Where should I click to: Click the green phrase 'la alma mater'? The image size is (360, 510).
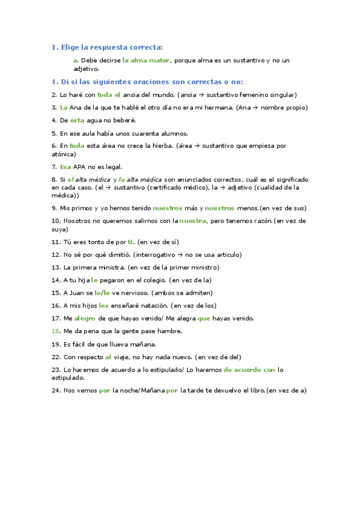pyautogui.click(x=146, y=60)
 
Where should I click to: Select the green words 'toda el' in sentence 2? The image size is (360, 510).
pyautogui.click(x=109, y=94)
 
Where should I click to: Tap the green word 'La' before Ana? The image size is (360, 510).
pyautogui.click(x=64, y=107)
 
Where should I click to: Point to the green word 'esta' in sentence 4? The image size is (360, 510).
pyautogui.click(x=77, y=120)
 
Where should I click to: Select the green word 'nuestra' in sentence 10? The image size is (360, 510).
pyautogui.click(x=193, y=221)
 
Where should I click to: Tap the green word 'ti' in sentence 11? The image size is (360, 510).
pyautogui.click(x=130, y=242)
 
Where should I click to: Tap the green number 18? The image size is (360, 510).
pyautogui.click(x=55, y=331)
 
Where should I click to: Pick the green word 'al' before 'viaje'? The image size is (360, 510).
pyautogui.click(x=108, y=357)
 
